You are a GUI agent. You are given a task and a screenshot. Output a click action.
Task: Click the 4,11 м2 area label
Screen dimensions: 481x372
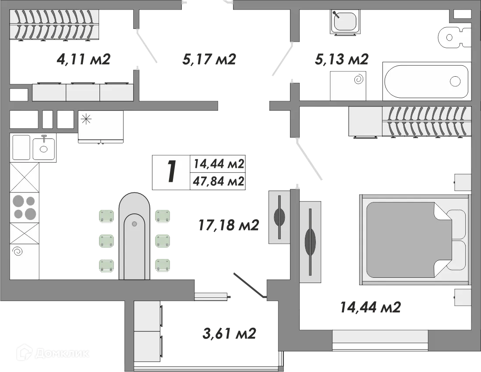[x=83, y=59]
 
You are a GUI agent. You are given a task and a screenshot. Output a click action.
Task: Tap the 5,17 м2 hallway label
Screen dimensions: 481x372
[x=209, y=59]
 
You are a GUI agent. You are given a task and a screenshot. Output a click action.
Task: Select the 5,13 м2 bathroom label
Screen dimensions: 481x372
[x=341, y=59]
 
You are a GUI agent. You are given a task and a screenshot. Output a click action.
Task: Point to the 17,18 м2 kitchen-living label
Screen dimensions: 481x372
[x=229, y=225]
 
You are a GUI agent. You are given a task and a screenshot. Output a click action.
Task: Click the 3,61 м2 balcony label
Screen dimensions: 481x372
[x=229, y=333]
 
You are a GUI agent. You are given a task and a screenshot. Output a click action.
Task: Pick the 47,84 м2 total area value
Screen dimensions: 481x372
[x=219, y=181]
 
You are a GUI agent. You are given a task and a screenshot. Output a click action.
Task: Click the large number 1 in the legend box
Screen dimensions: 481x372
[x=171, y=172]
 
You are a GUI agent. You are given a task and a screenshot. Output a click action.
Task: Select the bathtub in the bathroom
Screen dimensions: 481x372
[x=426, y=81]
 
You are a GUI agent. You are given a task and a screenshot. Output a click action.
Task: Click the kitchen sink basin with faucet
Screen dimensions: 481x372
[x=44, y=149]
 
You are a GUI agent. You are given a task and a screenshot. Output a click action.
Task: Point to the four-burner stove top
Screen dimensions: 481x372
[x=25, y=207]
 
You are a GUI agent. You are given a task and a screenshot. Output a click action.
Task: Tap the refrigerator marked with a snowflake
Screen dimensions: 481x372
[x=101, y=127]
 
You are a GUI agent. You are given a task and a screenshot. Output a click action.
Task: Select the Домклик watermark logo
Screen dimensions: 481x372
[x=53, y=353]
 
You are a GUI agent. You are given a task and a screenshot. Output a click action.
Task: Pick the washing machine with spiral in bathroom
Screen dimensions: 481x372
[x=348, y=86]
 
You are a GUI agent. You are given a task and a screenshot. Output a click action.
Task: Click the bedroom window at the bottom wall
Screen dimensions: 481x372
[x=380, y=340]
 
